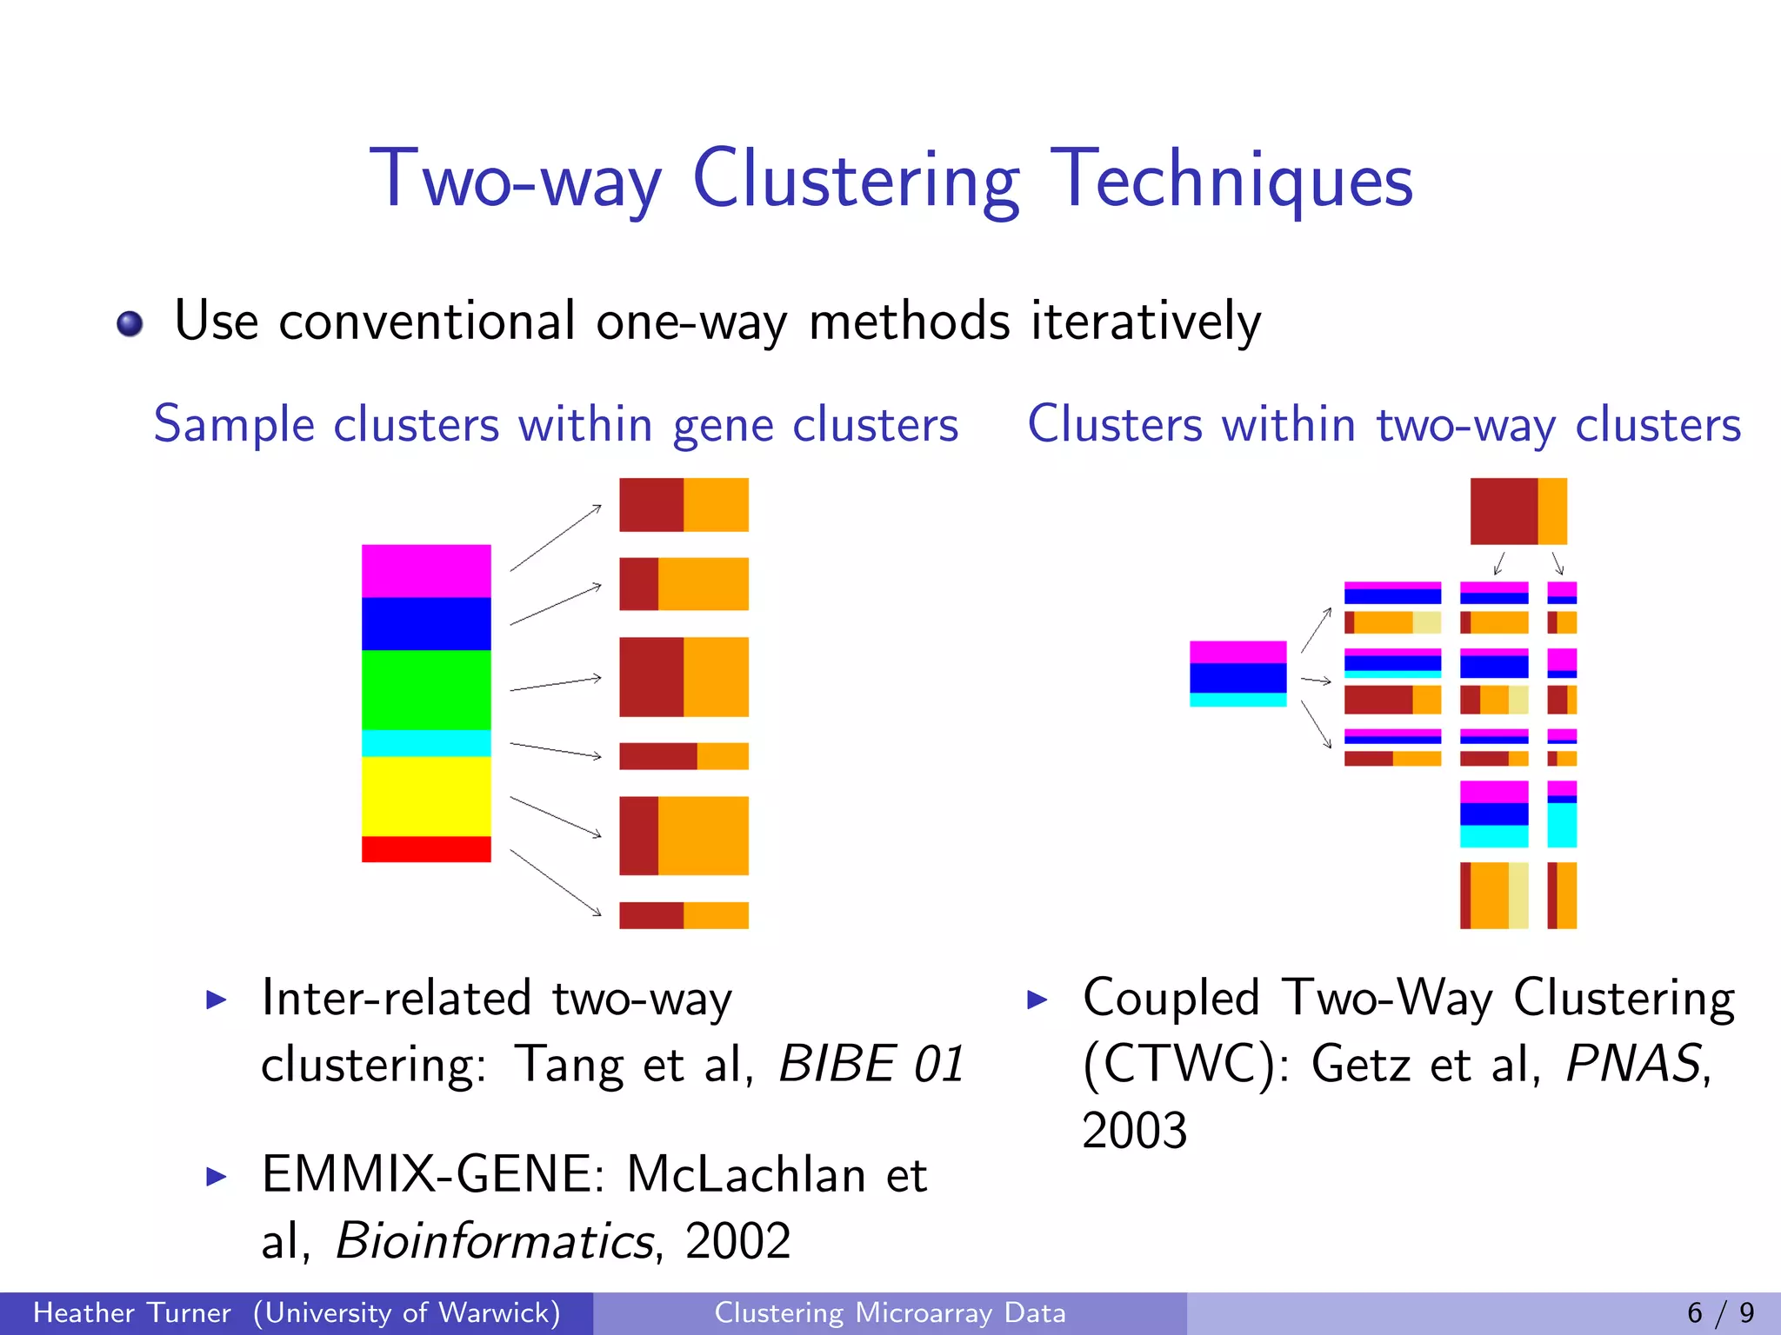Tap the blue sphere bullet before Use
[x=130, y=324]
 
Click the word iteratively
[x=1145, y=322]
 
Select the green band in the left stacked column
[x=426, y=689]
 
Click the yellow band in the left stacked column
[x=426, y=796]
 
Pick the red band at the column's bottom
[x=426, y=849]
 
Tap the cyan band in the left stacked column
[x=426, y=743]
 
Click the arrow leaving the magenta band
[x=556, y=538]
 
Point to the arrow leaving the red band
[x=556, y=882]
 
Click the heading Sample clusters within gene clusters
[x=556, y=425]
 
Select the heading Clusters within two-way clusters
[x=1384, y=425]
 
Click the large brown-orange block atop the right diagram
[x=1518, y=511]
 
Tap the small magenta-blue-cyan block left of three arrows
[x=1237, y=674]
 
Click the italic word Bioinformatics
[x=494, y=1241]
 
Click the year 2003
[x=1134, y=1131]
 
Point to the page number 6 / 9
[x=1720, y=1313]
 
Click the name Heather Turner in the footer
[x=132, y=1313]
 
